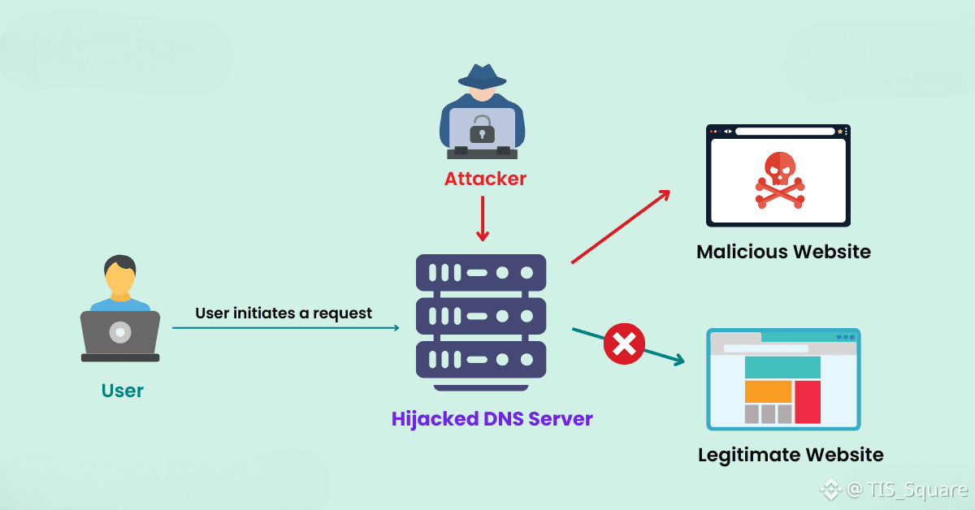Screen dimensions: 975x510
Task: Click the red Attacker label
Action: [485, 179]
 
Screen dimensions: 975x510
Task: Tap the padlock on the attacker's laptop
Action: [482, 129]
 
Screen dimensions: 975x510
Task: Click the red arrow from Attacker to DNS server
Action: [483, 218]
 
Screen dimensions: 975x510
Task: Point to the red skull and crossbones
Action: [779, 179]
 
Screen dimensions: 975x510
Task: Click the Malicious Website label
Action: [783, 252]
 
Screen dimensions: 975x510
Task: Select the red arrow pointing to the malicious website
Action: [621, 227]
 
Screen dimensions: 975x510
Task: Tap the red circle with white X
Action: [624, 344]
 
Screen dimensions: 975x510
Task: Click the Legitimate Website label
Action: [791, 455]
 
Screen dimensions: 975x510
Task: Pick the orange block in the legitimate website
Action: [768, 391]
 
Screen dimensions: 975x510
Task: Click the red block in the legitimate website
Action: [808, 402]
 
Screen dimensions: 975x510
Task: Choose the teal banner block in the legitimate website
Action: [782, 367]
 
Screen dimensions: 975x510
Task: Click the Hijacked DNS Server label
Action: [492, 419]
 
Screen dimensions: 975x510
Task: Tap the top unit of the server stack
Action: [481, 273]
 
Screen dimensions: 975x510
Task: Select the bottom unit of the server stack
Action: [481, 360]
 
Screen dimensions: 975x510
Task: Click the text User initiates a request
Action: [284, 313]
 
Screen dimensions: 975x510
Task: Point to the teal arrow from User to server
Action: [285, 327]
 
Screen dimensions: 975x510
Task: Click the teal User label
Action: [123, 391]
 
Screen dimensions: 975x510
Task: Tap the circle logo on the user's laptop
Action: [120, 332]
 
